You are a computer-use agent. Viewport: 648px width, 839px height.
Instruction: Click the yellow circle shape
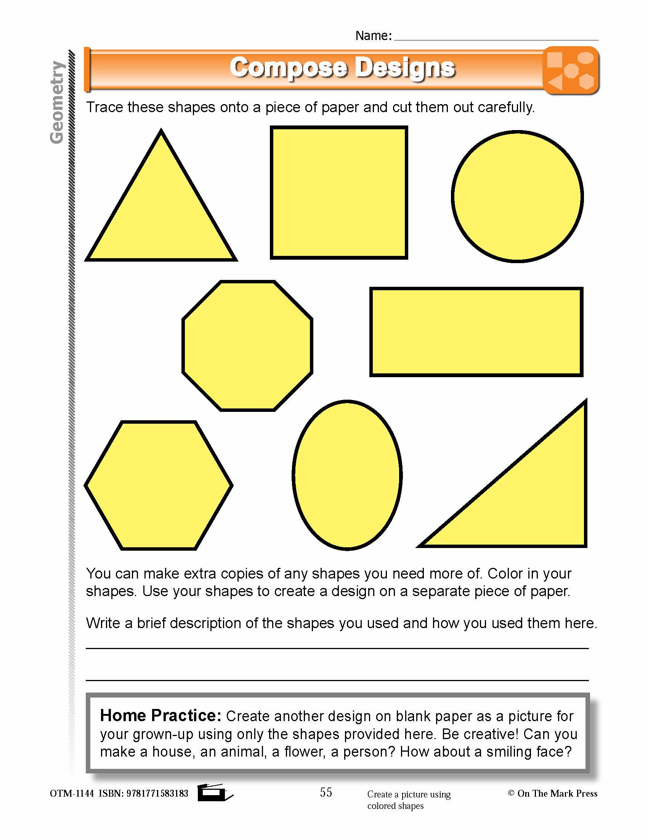(x=517, y=197)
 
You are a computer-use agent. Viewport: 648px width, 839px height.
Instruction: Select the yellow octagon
(x=247, y=346)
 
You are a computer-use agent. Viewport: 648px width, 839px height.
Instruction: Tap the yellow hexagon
(x=159, y=485)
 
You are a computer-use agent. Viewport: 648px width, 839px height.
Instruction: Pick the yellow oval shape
(x=347, y=475)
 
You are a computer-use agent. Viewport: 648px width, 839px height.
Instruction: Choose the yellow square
(x=338, y=193)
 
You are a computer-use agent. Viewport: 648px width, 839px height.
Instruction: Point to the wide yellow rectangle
(x=476, y=332)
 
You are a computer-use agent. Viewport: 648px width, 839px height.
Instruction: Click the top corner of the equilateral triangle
(x=161, y=132)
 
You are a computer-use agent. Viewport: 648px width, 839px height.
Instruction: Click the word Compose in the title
(x=288, y=68)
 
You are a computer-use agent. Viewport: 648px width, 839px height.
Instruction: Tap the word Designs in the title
(x=404, y=68)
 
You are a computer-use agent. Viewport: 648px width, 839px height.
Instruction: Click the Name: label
(x=373, y=36)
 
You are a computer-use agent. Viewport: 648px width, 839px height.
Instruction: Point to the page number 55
(x=326, y=792)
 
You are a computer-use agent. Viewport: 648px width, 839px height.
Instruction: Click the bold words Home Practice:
(x=160, y=715)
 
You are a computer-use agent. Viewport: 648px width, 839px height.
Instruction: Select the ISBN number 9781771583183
(x=157, y=793)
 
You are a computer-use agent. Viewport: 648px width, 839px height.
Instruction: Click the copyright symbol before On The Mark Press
(x=511, y=793)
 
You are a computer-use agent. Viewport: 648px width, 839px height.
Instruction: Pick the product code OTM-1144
(x=72, y=793)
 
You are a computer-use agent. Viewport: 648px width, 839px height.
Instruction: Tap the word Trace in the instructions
(x=104, y=107)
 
